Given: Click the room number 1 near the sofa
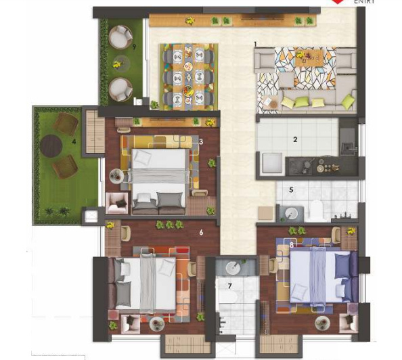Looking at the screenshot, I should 255,44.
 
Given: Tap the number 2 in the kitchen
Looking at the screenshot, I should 295,140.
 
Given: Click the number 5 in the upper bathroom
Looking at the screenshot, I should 290,190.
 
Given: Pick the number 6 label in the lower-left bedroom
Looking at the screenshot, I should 201,232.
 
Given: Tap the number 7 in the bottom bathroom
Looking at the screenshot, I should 229,286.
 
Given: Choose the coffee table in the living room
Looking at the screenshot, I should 309,61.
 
